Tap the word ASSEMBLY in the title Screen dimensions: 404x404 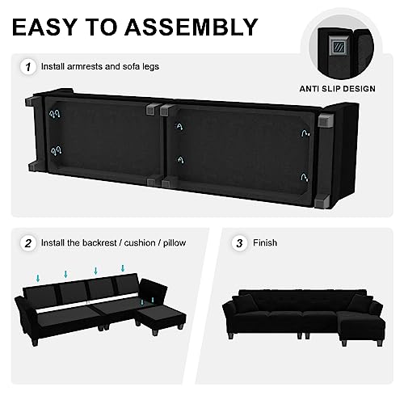[191, 27]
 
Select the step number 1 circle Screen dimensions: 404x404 [28, 67]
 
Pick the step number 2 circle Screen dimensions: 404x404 [28, 243]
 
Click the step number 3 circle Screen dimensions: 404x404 [239, 243]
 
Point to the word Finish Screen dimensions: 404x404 [265, 243]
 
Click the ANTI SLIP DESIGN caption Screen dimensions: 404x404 [338, 89]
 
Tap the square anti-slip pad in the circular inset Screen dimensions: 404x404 [337, 47]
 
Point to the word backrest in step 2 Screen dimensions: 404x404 [99, 243]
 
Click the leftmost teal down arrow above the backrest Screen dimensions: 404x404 [38, 278]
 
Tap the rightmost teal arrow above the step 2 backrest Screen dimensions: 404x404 [123, 268]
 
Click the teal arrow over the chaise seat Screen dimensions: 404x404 [153, 300]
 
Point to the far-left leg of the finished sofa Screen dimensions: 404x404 [230, 336]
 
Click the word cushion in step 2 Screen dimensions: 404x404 [140, 243]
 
